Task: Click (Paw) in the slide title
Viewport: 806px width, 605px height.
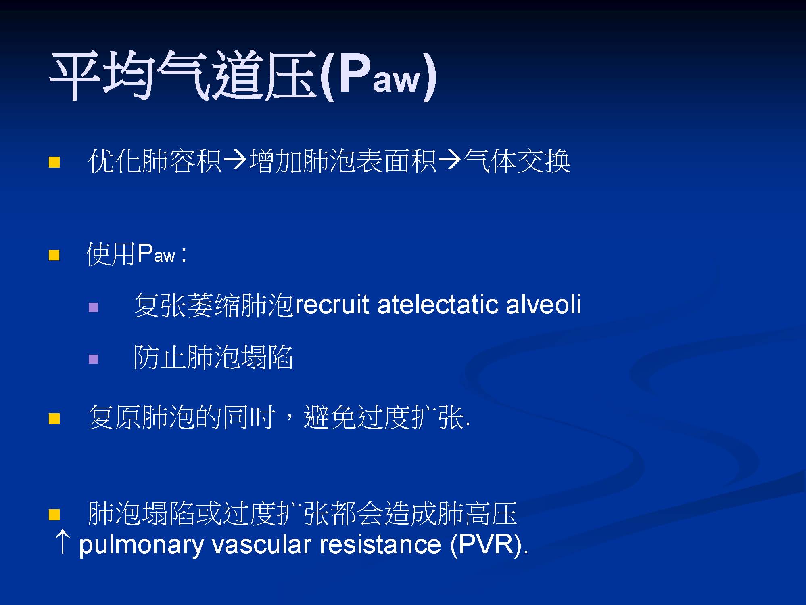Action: tap(378, 76)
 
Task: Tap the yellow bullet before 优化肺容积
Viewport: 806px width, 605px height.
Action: tap(54, 162)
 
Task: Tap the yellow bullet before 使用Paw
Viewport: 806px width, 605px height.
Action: tap(54, 255)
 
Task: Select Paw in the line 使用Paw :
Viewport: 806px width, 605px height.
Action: tap(156, 254)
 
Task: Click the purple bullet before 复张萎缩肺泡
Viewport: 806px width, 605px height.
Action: tap(93, 308)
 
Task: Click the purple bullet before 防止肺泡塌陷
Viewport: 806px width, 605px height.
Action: tap(93, 359)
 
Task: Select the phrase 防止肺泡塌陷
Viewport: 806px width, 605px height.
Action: tap(213, 357)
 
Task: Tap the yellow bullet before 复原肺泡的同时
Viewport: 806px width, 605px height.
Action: tap(54, 418)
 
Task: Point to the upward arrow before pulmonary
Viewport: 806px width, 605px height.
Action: tap(63, 542)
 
